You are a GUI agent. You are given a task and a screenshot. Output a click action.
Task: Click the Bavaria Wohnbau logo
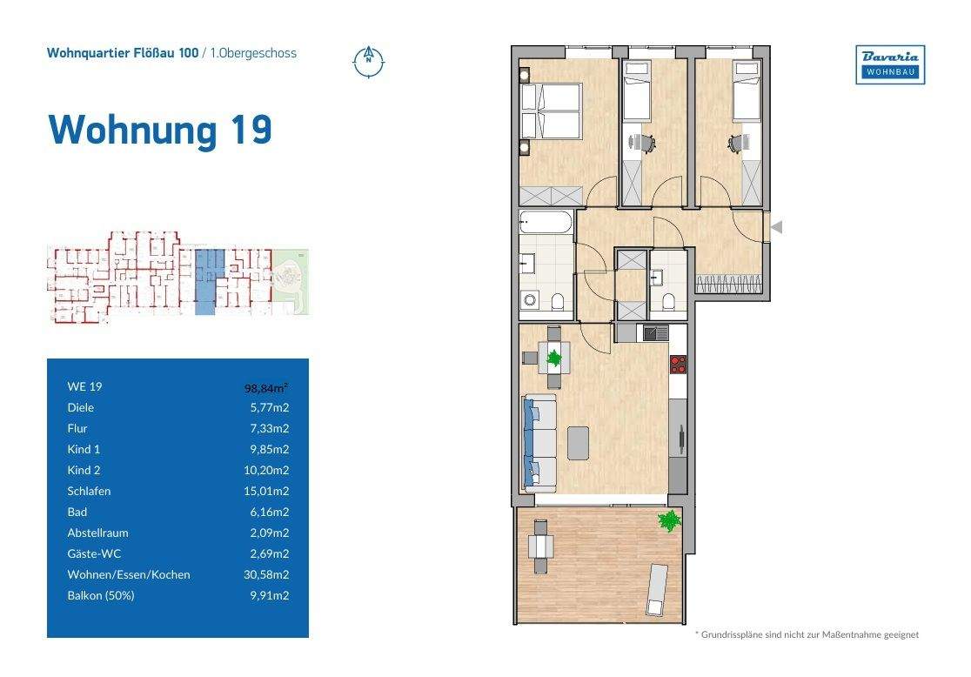[x=890, y=64]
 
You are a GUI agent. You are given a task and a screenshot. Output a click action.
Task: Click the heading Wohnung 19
[x=160, y=130]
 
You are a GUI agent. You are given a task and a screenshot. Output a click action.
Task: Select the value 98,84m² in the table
[x=266, y=387]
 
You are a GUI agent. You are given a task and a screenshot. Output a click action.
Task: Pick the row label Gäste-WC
[x=91, y=553]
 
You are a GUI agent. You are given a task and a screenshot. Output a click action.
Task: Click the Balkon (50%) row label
[x=101, y=595]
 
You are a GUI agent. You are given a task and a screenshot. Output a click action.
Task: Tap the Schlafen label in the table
[x=89, y=491]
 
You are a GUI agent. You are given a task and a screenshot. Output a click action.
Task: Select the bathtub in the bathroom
[x=546, y=223]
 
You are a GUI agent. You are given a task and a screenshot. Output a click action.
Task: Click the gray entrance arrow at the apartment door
[x=777, y=227]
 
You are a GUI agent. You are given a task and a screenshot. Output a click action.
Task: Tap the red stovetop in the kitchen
[x=679, y=364]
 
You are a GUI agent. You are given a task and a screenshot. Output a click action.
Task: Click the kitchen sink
[x=655, y=332]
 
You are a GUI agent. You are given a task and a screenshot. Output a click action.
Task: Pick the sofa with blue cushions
[x=539, y=441]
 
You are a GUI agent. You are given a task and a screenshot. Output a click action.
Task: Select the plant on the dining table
[x=552, y=356]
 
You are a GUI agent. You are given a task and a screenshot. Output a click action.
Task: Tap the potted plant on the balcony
[x=669, y=521]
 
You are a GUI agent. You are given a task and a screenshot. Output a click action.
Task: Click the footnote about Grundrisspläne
[x=806, y=635]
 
